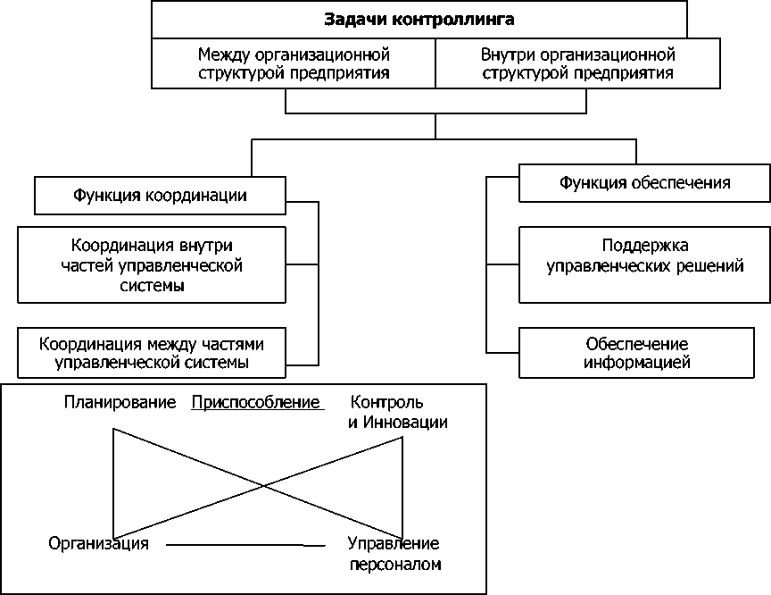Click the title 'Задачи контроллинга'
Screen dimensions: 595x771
pyautogui.click(x=419, y=19)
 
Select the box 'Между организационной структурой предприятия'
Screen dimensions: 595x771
pyautogui.click(x=294, y=63)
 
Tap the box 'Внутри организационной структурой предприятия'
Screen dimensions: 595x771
pyautogui.click(x=577, y=63)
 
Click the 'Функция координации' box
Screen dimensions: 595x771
pyautogui.click(x=161, y=195)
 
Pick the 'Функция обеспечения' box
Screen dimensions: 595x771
pyautogui.click(x=644, y=183)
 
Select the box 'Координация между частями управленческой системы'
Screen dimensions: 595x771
pyautogui.click(x=151, y=353)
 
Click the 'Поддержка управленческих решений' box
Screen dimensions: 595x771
pyautogui.click(x=644, y=256)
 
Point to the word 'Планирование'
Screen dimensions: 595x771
pyautogui.click(x=120, y=403)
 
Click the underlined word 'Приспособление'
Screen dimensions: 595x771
pyautogui.click(x=256, y=403)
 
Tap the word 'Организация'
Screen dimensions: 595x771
pyautogui.click(x=98, y=543)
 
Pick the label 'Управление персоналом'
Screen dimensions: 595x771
pyautogui.click(x=394, y=553)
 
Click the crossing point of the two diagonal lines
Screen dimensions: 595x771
pyautogui.click(x=261, y=486)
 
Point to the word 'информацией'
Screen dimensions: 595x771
pyautogui.click(x=637, y=363)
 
